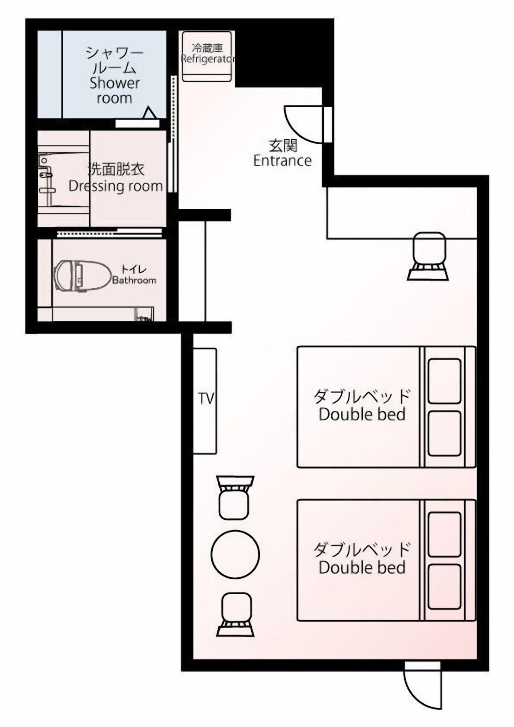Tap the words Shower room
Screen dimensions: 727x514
[x=115, y=90]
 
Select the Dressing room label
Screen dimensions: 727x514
[x=116, y=186]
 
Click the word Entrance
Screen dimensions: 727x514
[x=282, y=161]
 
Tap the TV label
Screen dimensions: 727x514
[x=206, y=398]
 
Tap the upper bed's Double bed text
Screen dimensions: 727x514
[x=362, y=414]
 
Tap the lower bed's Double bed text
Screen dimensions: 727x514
[x=362, y=578]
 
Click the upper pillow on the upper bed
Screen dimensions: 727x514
[x=444, y=381]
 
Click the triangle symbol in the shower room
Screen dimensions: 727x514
[x=150, y=113]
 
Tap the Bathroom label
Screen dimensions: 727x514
[x=134, y=280]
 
